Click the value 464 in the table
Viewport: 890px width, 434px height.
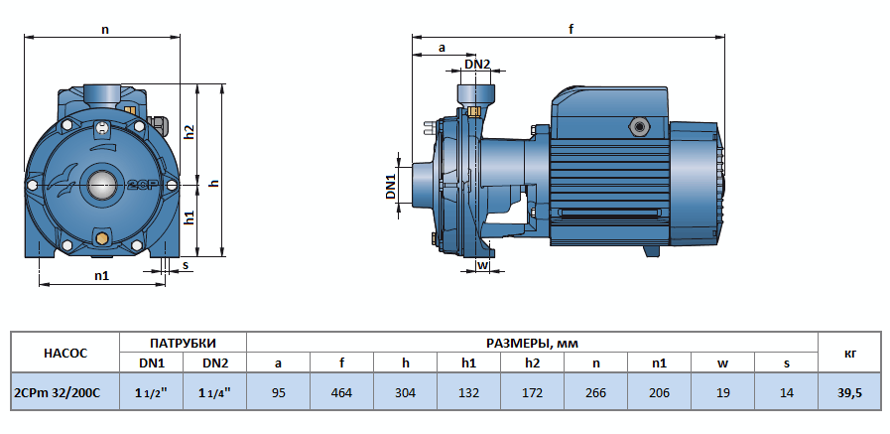tap(341, 393)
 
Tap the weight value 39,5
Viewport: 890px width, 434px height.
tap(849, 393)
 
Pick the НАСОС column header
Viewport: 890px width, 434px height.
tap(65, 353)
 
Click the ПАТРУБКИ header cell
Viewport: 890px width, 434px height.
tap(183, 342)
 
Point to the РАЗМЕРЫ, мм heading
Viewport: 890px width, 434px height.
tap(532, 342)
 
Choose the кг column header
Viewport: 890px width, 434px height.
tap(849, 353)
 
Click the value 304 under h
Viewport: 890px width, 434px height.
tap(405, 393)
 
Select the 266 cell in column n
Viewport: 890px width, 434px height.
tap(595, 393)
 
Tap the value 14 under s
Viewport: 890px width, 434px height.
tap(786, 393)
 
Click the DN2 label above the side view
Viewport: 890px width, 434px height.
tap(477, 65)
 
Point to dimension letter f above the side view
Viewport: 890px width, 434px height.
tap(571, 29)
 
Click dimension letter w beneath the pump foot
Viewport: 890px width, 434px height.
tap(482, 265)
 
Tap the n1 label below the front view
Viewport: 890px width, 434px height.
tap(101, 275)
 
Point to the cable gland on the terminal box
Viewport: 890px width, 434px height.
tap(635, 127)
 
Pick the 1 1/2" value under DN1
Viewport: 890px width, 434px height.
tap(151, 393)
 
